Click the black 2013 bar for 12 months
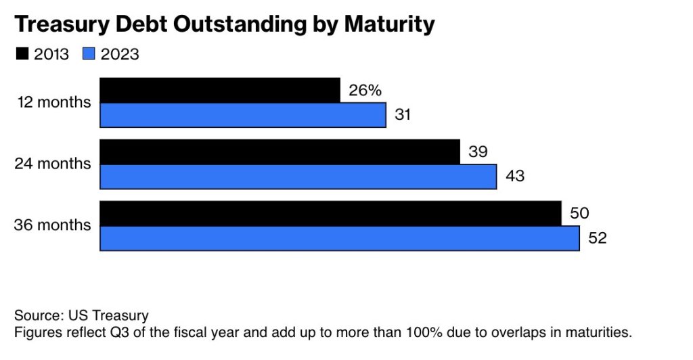(220, 90)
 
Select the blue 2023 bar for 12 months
(243, 115)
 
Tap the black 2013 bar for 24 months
(280, 152)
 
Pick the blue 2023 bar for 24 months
(298, 177)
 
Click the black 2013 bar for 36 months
(330, 213)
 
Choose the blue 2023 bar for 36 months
(339, 238)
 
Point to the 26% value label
(365, 90)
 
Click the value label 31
(403, 115)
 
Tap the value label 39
(478, 152)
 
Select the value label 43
(515, 177)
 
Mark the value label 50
(579, 213)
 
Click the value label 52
(598, 238)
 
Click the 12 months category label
(54, 103)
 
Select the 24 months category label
(53, 164)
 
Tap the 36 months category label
(53, 225)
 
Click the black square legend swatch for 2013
(21, 54)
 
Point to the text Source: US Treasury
(81, 315)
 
